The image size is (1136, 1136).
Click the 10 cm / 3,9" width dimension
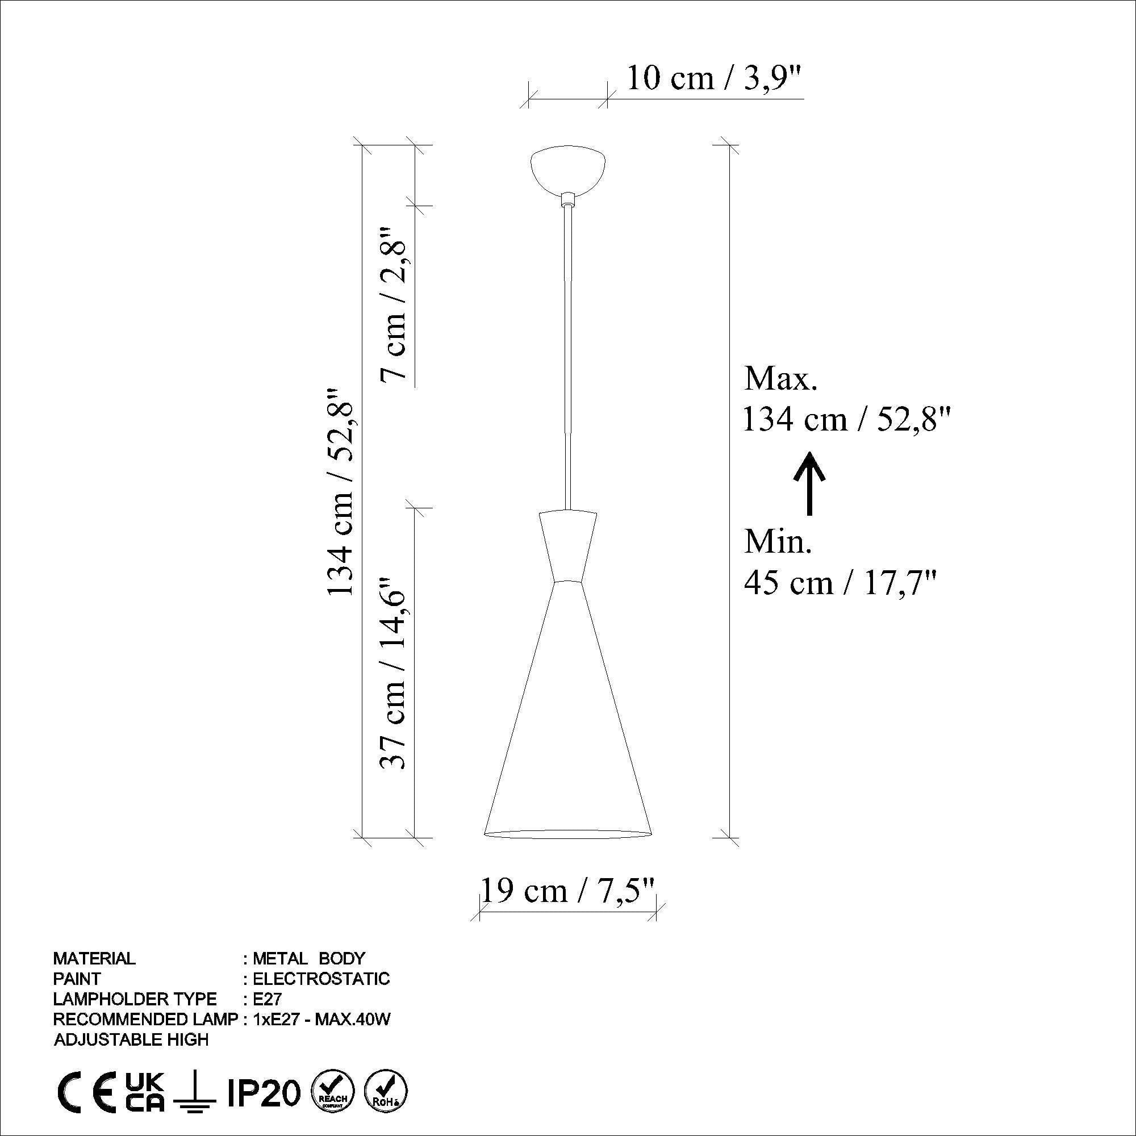(x=715, y=78)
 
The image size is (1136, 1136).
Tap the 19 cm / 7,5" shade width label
(x=568, y=891)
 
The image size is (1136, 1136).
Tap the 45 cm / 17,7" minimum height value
(x=840, y=583)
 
